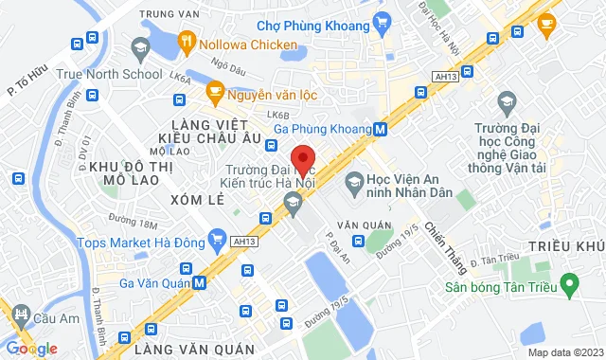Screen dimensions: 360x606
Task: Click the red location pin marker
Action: (302, 158)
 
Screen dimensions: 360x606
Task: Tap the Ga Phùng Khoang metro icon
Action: (380, 129)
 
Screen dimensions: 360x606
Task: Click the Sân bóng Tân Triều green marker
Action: (569, 282)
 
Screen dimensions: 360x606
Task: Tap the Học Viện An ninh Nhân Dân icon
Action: (353, 179)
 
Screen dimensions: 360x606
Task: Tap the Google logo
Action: (31, 349)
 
